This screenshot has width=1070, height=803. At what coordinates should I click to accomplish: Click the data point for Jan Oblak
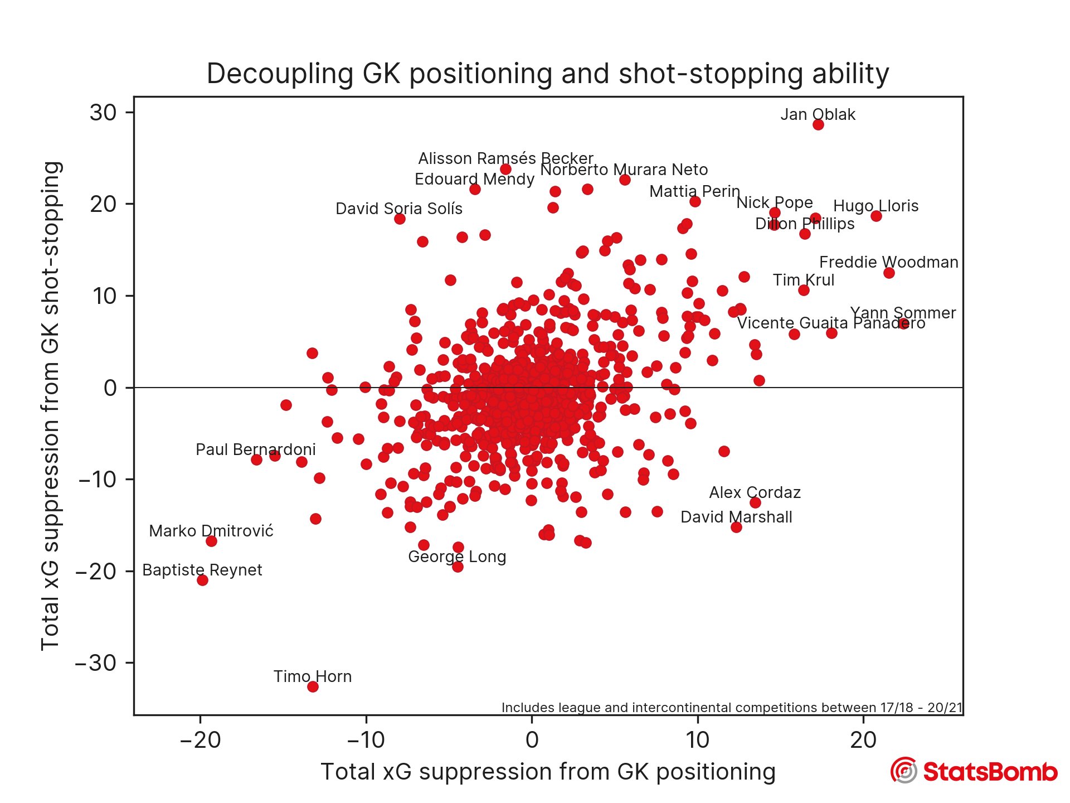pyautogui.click(x=818, y=124)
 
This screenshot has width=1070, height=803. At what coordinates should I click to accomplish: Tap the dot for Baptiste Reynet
pyautogui.click(x=202, y=580)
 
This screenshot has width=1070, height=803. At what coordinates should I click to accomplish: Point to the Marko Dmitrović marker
pyautogui.click(x=211, y=541)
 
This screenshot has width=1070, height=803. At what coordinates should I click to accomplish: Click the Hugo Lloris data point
pyautogui.click(x=876, y=216)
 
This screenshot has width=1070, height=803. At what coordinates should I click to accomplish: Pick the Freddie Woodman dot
pyautogui.click(x=889, y=273)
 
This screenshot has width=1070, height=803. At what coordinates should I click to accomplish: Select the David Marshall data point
pyautogui.click(x=736, y=527)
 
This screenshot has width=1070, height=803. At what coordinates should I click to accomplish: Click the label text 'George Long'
pyautogui.click(x=457, y=557)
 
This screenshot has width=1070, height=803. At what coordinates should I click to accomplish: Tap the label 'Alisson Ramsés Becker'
pyautogui.click(x=505, y=158)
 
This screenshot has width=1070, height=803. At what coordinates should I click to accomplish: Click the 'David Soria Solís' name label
pyautogui.click(x=399, y=209)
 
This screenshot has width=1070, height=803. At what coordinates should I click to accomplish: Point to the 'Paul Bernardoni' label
pyautogui.click(x=255, y=449)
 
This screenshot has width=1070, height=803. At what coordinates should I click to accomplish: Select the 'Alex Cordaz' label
pyautogui.click(x=755, y=492)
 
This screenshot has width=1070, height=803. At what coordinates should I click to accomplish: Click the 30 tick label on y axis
pyautogui.click(x=103, y=113)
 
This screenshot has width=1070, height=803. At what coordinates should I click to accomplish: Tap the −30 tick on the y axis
pyautogui.click(x=96, y=663)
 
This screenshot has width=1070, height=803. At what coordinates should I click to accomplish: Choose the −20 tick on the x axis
pyautogui.click(x=200, y=740)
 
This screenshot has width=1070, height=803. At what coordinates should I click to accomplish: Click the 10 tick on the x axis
pyautogui.click(x=697, y=740)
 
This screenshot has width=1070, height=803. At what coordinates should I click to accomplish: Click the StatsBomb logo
pyautogui.click(x=973, y=771)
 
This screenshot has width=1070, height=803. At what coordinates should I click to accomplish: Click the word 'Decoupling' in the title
pyautogui.click(x=280, y=74)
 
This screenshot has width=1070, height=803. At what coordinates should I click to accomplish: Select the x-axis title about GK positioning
pyautogui.click(x=548, y=772)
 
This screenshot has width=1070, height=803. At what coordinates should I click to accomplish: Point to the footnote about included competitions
pyautogui.click(x=732, y=708)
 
